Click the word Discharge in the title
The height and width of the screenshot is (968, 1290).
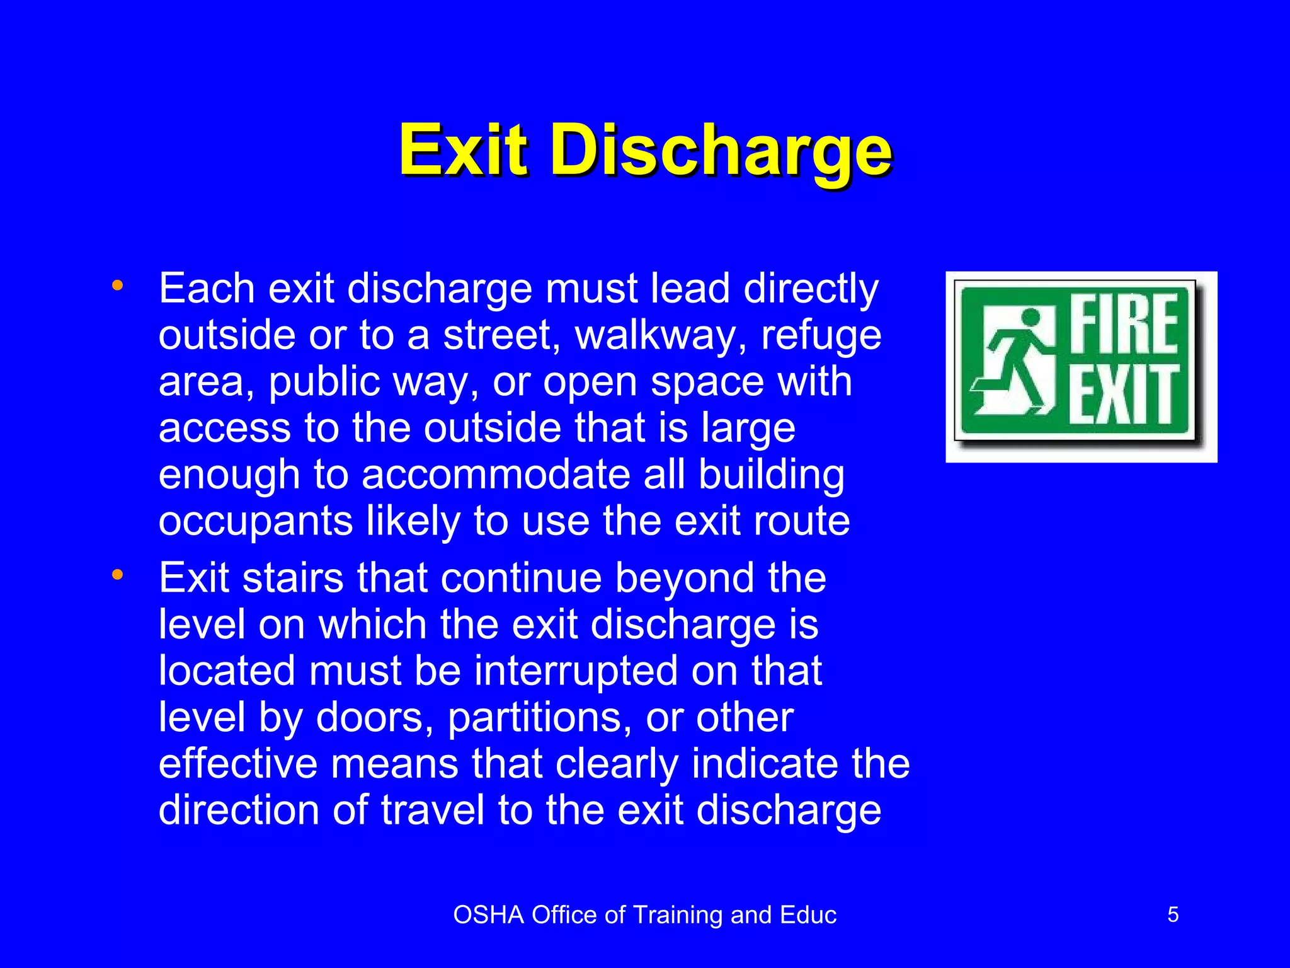point(721,151)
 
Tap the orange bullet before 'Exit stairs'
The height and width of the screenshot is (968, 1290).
point(117,574)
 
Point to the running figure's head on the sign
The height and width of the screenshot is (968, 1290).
point(1030,317)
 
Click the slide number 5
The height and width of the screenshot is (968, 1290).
point(1173,914)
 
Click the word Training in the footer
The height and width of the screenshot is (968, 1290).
point(677,915)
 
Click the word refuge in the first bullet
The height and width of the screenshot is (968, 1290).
point(821,336)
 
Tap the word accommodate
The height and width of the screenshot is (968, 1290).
point(496,475)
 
